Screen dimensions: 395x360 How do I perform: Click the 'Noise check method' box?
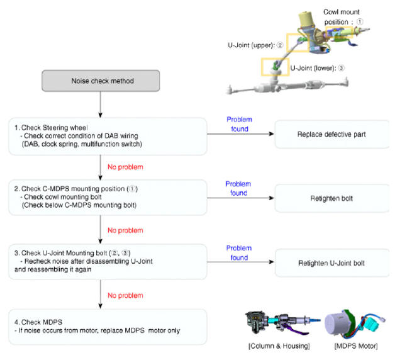[x=101, y=81]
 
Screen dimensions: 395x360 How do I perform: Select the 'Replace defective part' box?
[x=332, y=134]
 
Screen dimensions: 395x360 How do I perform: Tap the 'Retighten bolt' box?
[x=332, y=198]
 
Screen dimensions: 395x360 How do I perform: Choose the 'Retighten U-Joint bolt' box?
[x=332, y=263]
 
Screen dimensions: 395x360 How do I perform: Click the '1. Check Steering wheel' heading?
[x=51, y=128]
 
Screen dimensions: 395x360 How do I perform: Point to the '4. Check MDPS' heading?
[x=38, y=322]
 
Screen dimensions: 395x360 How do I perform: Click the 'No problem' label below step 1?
[x=125, y=167]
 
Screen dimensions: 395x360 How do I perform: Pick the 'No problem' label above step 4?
[x=125, y=295]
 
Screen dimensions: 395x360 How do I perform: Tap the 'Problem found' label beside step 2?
[x=238, y=188]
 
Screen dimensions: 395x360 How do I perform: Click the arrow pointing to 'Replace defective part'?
[x=240, y=134]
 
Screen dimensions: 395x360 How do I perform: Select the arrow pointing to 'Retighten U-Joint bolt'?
[x=240, y=262]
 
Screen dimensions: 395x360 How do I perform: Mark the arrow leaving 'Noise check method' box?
[x=101, y=104]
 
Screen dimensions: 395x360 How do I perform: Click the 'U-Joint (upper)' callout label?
[x=255, y=45]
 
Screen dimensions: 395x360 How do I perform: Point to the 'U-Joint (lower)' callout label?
[x=318, y=68]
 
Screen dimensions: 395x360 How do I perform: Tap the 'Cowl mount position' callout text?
[x=343, y=17]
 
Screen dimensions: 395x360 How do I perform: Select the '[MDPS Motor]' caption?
[x=356, y=346]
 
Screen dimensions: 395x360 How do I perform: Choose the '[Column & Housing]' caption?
[x=279, y=346]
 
